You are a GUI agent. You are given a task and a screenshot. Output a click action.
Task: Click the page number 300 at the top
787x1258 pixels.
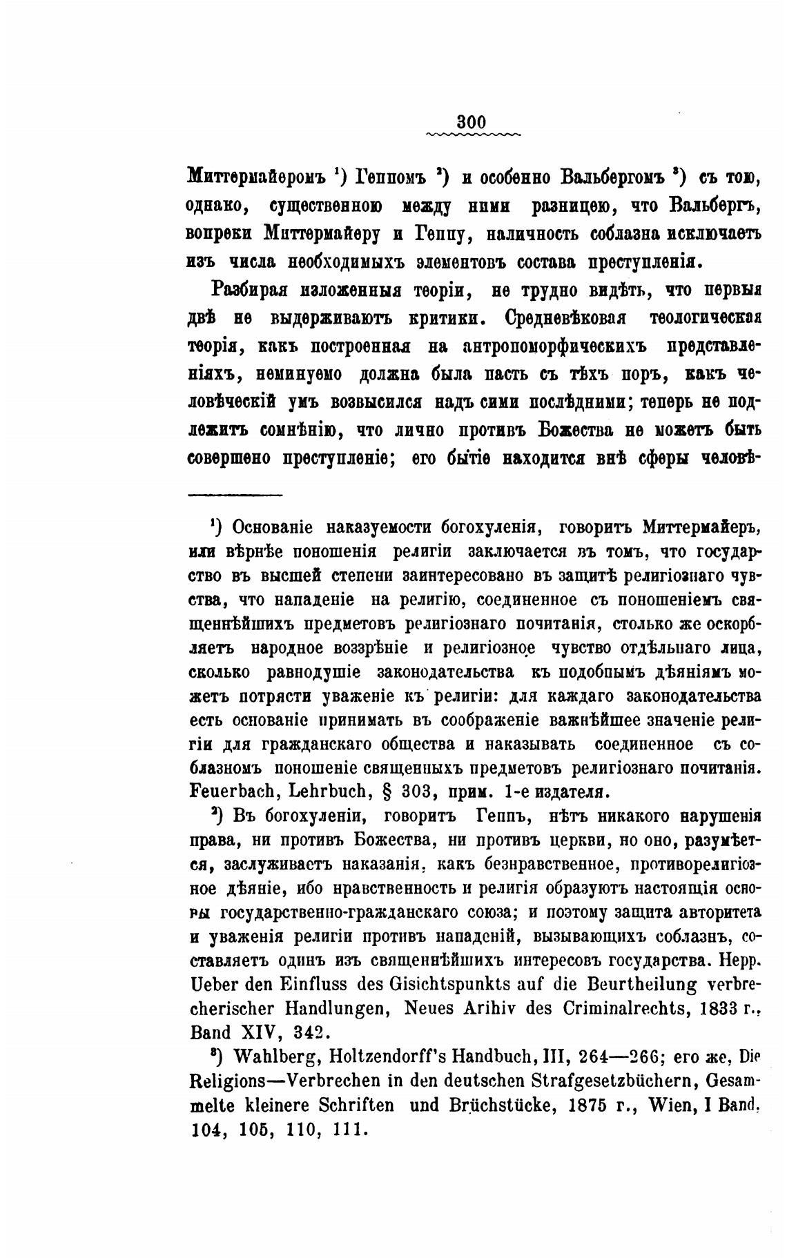click(472, 121)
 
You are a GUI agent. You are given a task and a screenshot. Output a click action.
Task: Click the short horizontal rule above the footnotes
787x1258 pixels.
click(235, 494)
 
